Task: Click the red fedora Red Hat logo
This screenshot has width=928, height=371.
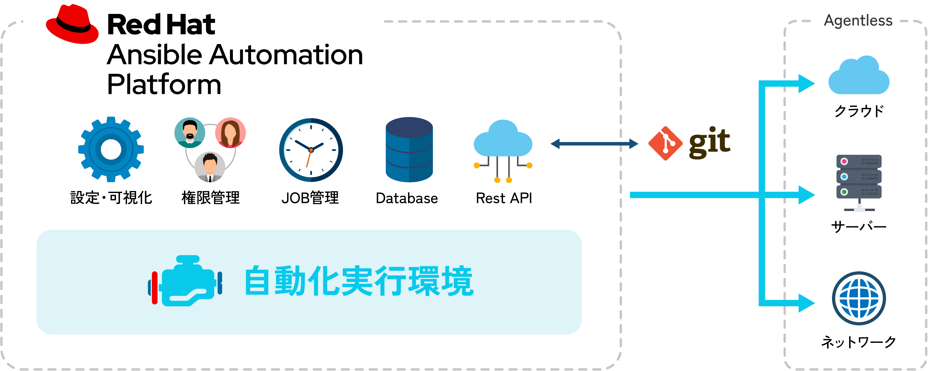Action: tap(72, 25)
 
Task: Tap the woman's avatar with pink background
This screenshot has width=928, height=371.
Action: tap(231, 132)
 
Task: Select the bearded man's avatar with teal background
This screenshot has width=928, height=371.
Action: tap(190, 132)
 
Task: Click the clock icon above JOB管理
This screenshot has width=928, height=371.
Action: tap(311, 150)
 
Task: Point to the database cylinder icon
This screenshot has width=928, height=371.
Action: tap(409, 150)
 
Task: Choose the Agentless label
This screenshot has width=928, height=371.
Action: tap(858, 21)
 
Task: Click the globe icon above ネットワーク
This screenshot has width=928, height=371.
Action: tap(859, 298)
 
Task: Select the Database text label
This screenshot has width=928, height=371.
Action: tap(407, 198)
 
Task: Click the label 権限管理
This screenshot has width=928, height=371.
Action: tap(210, 198)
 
